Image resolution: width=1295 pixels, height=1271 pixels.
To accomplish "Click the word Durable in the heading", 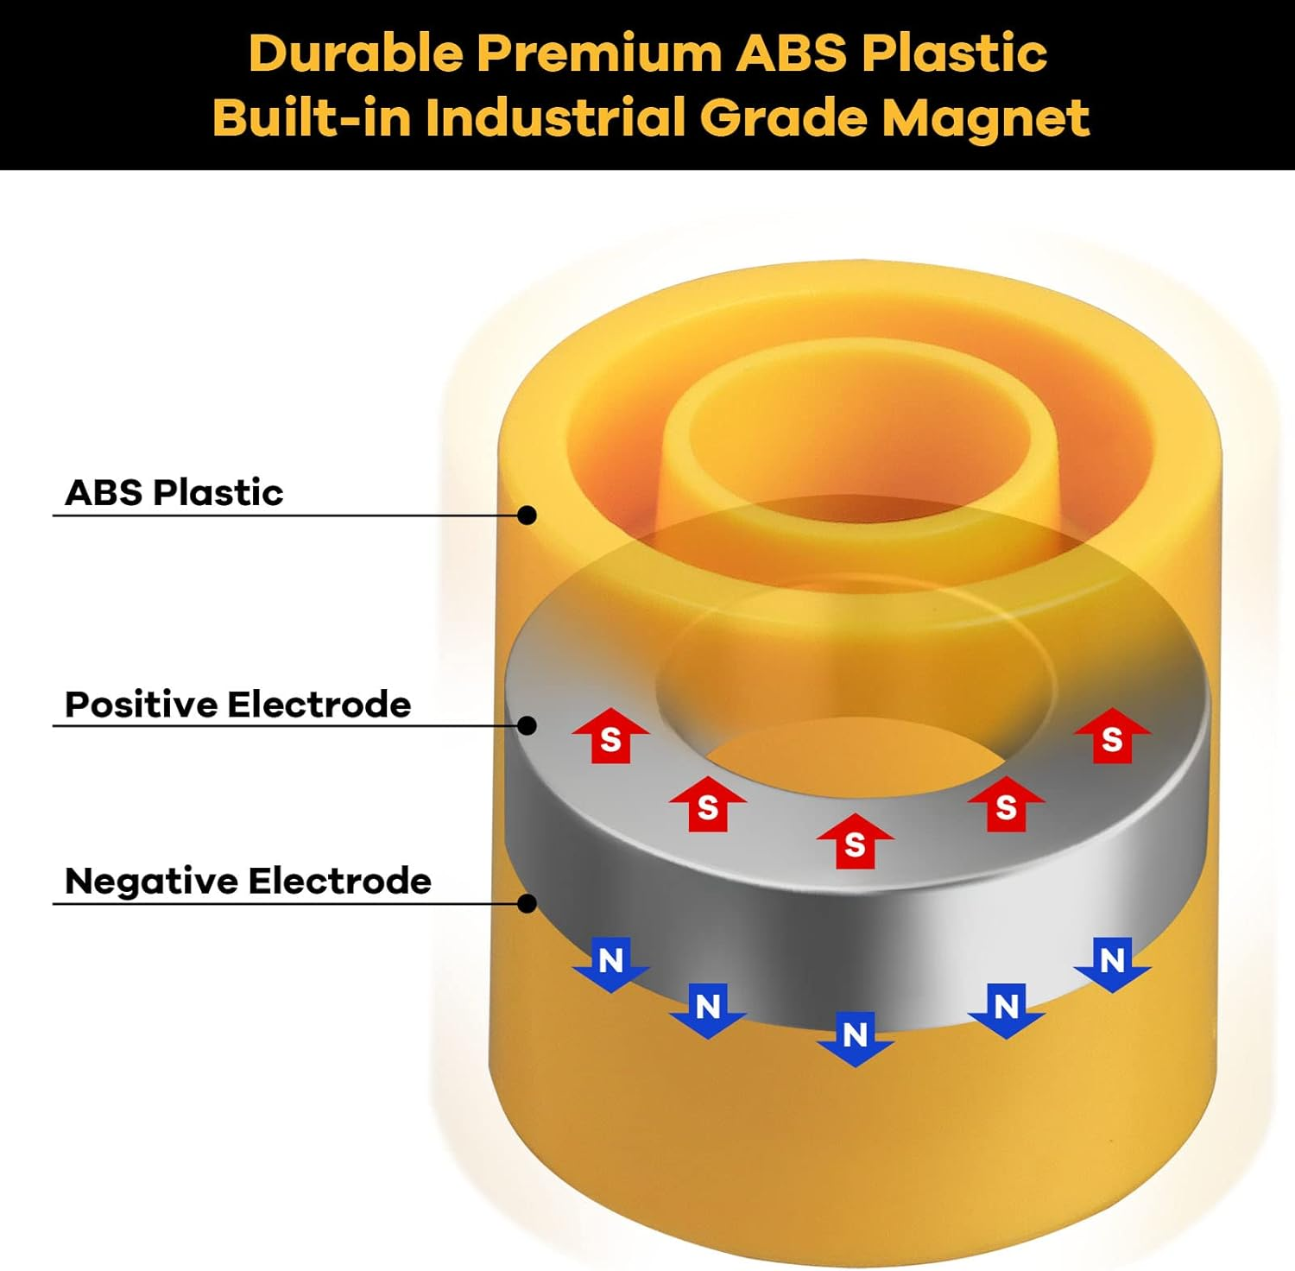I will (x=355, y=53).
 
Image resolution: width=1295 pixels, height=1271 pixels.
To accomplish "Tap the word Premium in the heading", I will (x=599, y=53).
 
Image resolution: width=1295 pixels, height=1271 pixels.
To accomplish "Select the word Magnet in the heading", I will (x=985, y=117).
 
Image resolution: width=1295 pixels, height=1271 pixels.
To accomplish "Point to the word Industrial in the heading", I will (x=557, y=117).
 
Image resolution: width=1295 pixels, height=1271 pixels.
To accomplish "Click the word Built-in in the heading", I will (x=312, y=117).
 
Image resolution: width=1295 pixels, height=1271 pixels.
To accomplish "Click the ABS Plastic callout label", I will (x=174, y=492).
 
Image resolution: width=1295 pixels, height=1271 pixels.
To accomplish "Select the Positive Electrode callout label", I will (x=237, y=705).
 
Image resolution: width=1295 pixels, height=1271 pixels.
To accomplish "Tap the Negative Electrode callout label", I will (x=248, y=882).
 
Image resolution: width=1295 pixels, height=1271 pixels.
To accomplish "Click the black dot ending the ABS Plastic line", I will (x=527, y=515).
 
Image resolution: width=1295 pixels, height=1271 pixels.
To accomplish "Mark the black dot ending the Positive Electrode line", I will (x=527, y=725).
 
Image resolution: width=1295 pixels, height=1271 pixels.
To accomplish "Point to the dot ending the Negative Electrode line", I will (x=527, y=903).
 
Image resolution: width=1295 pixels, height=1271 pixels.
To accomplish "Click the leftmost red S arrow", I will (x=610, y=737).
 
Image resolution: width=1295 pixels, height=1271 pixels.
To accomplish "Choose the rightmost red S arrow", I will (x=1112, y=737).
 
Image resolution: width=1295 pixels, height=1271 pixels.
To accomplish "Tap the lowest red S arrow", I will (x=855, y=841).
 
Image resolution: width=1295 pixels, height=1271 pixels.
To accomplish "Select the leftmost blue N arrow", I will (x=610, y=964).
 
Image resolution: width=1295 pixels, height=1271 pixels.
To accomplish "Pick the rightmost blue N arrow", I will (x=1112, y=964).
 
